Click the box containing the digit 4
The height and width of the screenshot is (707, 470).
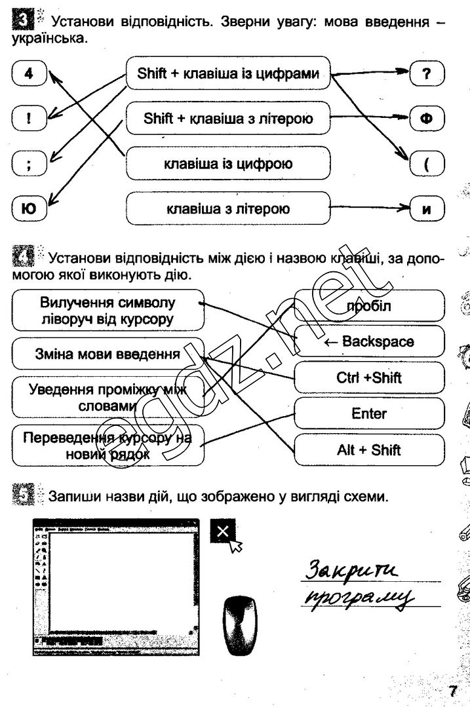28,74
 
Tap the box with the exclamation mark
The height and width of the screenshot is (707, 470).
28,119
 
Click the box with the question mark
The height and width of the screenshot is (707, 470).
427,74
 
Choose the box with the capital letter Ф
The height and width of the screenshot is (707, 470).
427,119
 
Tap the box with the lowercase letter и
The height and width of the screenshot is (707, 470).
427,210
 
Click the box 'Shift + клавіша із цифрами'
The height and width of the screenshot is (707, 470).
227,74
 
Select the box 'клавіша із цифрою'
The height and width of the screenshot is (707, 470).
227,163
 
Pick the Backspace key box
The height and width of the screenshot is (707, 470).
369,341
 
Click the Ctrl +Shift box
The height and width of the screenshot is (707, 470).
369,377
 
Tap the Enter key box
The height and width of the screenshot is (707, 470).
369,413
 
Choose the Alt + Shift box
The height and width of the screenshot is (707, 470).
369,450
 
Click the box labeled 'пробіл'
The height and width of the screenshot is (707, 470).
369,305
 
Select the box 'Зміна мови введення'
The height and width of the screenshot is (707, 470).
108,355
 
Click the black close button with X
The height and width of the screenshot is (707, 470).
223,531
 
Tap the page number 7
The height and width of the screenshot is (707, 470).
452,691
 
